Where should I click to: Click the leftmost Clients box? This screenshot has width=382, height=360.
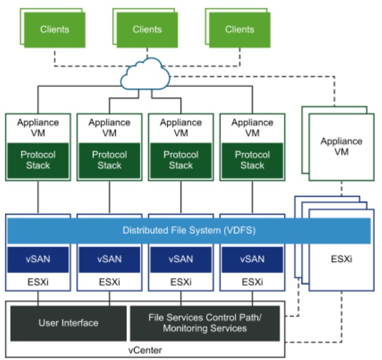[x=54, y=29]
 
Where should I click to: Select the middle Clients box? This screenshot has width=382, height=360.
[x=147, y=30]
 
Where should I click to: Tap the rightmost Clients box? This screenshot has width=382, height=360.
[x=240, y=29]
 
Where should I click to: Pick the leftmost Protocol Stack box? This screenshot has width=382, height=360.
[x=38, y=160]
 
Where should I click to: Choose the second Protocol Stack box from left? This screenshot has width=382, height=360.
[x=109, y=160]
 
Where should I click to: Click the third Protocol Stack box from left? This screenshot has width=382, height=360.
[x=181, y=160]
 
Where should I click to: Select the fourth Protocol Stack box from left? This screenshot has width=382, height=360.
[x=252, y=160]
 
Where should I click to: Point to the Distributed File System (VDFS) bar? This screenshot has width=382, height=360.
[x=189, y=230]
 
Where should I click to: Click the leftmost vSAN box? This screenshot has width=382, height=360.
[x=38, y=259]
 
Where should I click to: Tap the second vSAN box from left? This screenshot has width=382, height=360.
[x=109, y=259]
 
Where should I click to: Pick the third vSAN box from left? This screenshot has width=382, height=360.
[x=181, y=259]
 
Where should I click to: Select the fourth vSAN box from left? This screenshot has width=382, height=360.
[x=252, y=259]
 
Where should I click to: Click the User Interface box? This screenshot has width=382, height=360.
[x=69, y=323]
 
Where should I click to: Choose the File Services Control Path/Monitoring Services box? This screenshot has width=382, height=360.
[x=206, y=323]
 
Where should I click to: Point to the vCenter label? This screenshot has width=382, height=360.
[x=146, y=349]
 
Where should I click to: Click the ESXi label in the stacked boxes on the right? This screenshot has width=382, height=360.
[x=341, y=260]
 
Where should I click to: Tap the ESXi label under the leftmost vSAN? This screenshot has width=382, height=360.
[x=38, y=281]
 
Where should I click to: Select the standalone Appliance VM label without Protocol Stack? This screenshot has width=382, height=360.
[x=341, y=147]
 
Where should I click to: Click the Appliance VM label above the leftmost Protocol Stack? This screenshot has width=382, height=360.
[x=38, y=128]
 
